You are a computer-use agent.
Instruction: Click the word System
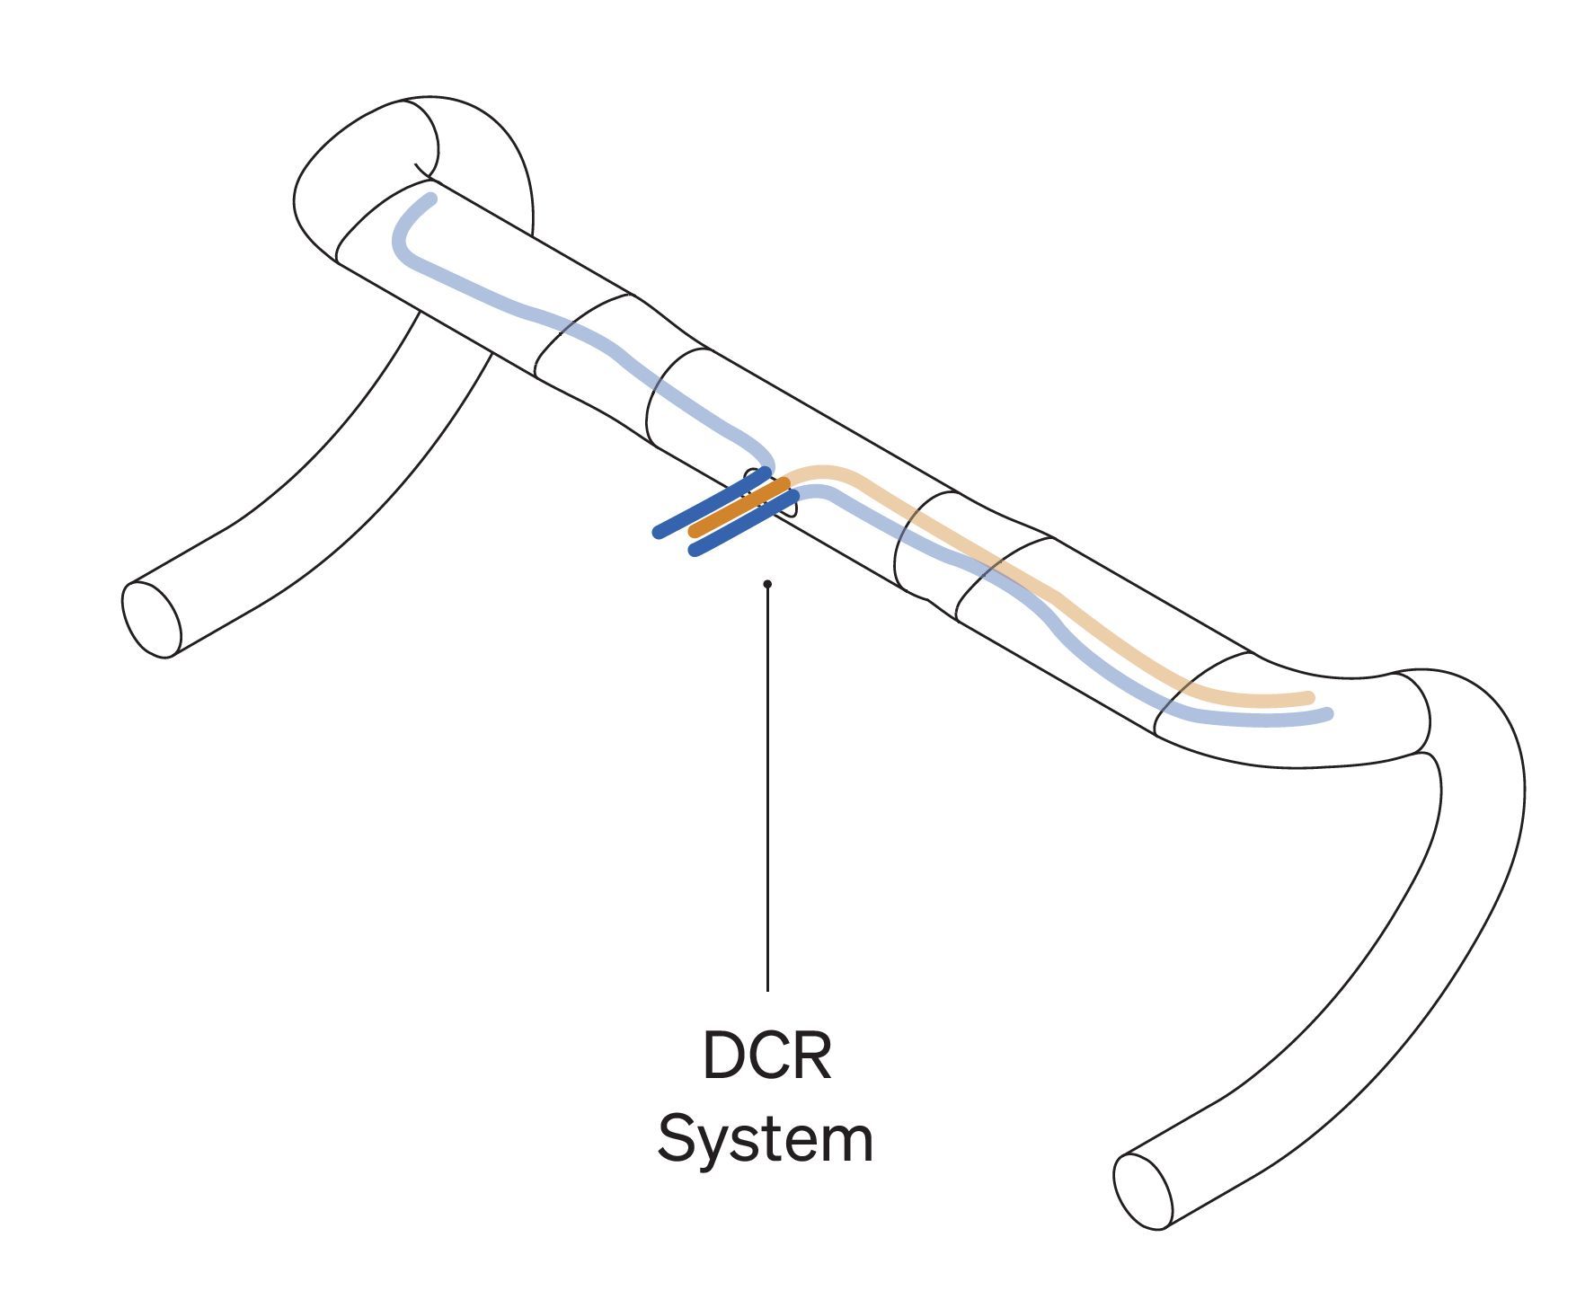click(765, 1140)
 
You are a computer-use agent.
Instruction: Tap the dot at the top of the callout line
click(767, 584)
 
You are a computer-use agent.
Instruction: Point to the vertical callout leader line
click(767, 791)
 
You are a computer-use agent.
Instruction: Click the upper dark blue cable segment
click(710, 503)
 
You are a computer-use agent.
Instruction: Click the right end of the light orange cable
click(1310, 697)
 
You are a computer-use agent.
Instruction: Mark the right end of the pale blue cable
click(1328, 714)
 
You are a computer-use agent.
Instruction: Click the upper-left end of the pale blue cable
click(432, 199)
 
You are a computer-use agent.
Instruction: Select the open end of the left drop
click(151, 619)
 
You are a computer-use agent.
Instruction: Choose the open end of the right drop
click(1143, 1191)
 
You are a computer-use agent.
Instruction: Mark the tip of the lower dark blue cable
click(694, 551)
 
